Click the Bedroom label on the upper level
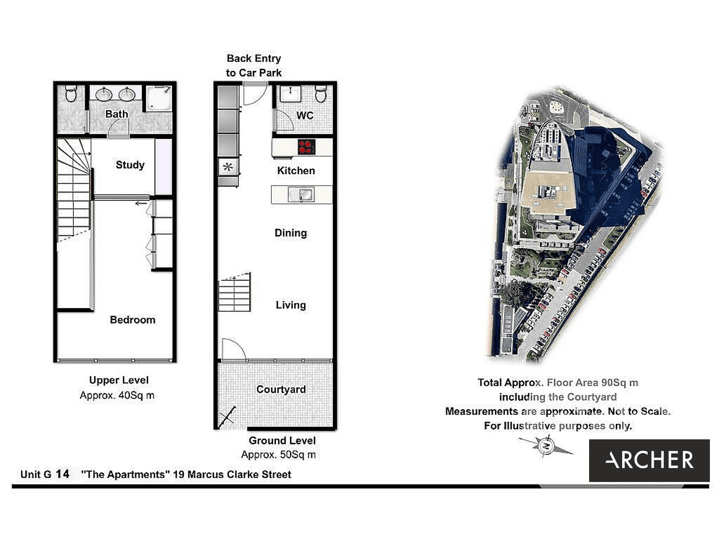(132, 320)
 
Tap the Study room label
(130, 165)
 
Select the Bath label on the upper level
(116, 114)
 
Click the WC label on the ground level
(305, 115)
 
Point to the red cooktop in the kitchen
(307, 147)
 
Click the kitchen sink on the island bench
(301, 195)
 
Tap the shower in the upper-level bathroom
(159, 98)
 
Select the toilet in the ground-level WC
(321, 94)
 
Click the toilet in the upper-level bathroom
(71, 94)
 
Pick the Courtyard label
(281, 390)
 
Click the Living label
(290, 305)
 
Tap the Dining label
(290, 233)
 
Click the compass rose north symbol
(546, 446)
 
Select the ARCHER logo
(649, 460)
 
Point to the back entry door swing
(255, 95)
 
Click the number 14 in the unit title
(63, 474)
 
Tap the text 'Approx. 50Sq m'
(278, 455)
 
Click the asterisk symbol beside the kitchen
(228, 167)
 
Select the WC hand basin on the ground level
(290, 94)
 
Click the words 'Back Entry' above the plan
(254, 58)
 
